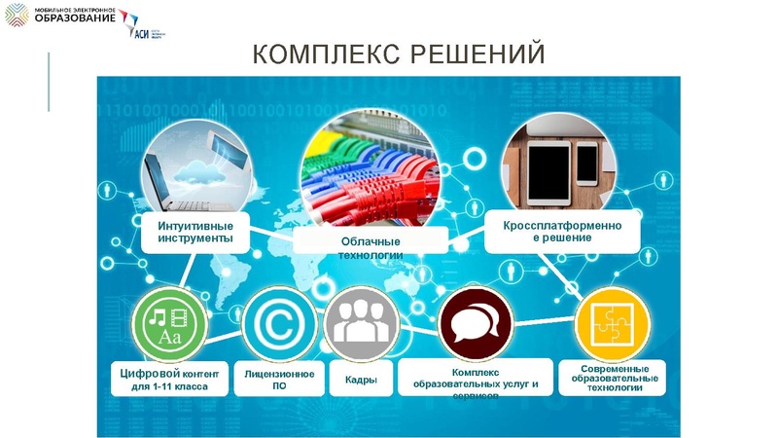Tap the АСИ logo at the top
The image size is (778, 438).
click(x=144, y=29)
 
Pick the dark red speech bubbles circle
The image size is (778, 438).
click(x=476, y=325)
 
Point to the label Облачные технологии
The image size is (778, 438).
click(x=371, y=247)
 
